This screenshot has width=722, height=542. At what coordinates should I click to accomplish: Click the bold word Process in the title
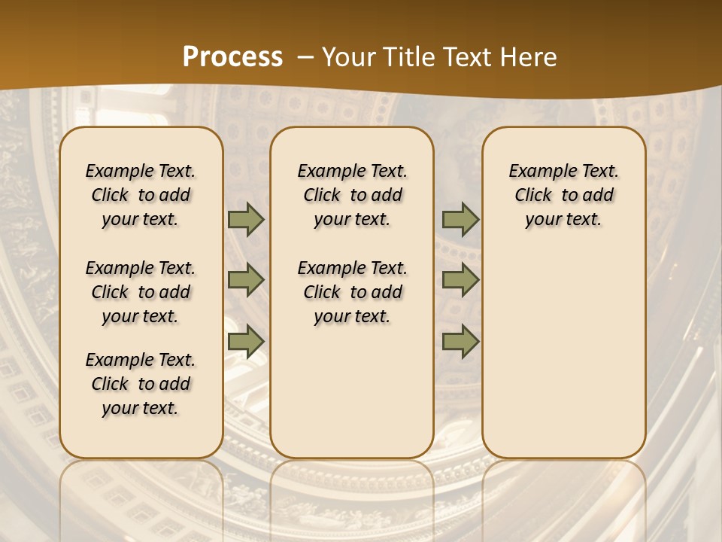pyautogui.click(x=232, y=57)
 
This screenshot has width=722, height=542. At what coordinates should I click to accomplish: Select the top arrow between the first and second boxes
pyautogui.click(x=246, y=219)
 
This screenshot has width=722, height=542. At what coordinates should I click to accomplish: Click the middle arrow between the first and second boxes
pyautogui.click(x=246, y=280)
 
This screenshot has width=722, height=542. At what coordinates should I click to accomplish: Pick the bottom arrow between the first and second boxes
pyautogui.click(x=246, y=342)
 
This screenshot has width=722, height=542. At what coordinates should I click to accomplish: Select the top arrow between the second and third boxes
pyautogui.click(x=460, y=219)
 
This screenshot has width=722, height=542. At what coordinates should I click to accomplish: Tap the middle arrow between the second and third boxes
pyautogui.click(x=460, y=280)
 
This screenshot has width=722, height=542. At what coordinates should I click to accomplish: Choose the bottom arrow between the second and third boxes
pyautogui.click(x=460, y=342)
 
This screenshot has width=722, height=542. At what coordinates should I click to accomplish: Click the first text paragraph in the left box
pyautogui.click(x=141, y=195)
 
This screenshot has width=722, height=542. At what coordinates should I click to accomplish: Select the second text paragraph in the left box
pyautogui.click(x=141, y=292)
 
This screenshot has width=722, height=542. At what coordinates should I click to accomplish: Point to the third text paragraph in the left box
pyautogui.click(x=141, y=384)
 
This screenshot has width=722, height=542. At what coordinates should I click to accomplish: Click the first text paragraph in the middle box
pyautogui.click(x=352, y=195)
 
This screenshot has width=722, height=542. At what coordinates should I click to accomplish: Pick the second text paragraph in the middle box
pyautogui.click(x=352, y=292)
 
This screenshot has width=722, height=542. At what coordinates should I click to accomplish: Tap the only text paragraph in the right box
pyautogui.click(x=563, y=195)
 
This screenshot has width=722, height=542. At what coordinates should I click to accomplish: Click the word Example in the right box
pyautogui.click(x=535, y=172)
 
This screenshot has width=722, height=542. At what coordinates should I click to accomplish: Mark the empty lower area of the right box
pyautogui.click(x=563, y=346)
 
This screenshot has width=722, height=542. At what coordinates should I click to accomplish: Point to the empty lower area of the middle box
pyautogui.click(x=352, y=391)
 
